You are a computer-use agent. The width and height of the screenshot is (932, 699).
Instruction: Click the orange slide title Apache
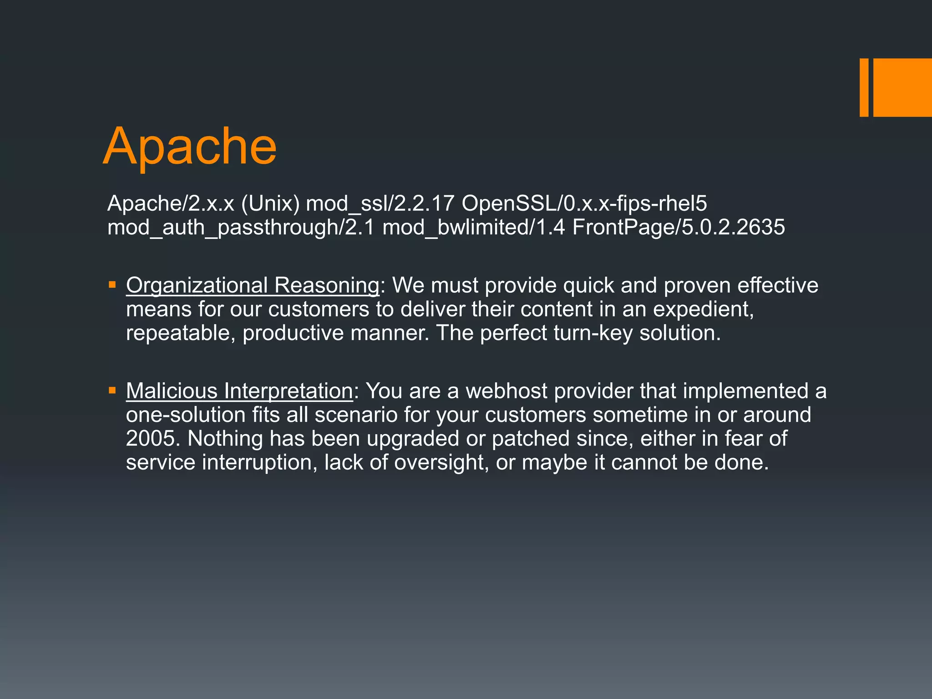point(190,147)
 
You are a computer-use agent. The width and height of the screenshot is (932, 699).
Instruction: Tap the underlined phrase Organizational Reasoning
point(253,286)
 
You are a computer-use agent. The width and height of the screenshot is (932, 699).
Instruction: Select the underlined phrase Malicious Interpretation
point(239,391)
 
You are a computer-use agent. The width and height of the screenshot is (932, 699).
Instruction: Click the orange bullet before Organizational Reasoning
point(112,285)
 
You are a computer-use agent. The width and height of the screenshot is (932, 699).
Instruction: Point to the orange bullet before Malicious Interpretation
point(112,390)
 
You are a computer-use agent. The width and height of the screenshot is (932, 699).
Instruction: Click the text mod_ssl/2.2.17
point(380,203)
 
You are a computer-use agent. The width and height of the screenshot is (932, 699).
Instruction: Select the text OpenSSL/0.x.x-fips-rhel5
point(584,203)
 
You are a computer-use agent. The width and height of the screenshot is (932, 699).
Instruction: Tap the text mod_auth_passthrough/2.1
point(241,228)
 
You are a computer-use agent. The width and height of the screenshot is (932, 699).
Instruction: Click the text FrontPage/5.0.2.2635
point(679,228)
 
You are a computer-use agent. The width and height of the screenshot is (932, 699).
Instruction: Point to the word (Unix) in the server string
point(270,203)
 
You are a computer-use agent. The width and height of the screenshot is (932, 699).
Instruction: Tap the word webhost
point(507,391)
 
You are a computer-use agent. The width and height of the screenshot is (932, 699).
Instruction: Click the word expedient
point(703,309)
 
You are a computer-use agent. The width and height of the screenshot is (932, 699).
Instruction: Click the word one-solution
point(186,415)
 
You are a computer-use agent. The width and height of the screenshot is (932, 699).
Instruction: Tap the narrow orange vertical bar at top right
point(864,87)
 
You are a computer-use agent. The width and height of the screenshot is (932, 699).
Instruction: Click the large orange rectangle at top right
point(902,87)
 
